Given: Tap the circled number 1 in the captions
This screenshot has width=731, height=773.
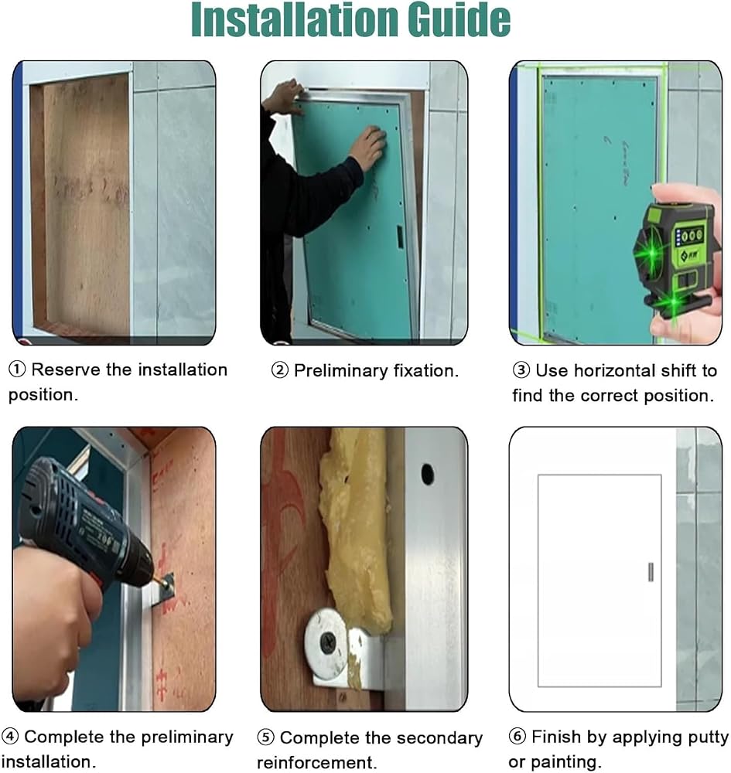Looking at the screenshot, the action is pyautogui.click(x=17, y=369).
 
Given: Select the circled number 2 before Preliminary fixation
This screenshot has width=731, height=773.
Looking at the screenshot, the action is pyautogui.click(x=280, y=370).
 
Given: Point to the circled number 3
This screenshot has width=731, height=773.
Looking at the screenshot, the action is pyautogui.click(x=521, y=370).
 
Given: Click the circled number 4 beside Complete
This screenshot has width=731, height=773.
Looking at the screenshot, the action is pyautogui.click(x=10, y=737).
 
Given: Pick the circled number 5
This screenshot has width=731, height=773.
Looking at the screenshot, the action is pyautogui.click(x=265, y=738).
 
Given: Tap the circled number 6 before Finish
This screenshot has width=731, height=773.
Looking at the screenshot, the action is pyautogui.click(x=518, y=737).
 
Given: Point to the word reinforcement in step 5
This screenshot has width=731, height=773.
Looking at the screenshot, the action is pyautogui.click(x=316, y=763).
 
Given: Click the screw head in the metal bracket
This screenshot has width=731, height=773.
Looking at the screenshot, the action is pyautogui.click(x=327, y=642).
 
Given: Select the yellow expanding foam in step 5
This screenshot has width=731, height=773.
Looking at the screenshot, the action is pyautogui.click(x=355, y=533).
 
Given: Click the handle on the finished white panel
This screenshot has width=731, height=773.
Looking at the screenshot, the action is pyautogui.click(x=651, y=572).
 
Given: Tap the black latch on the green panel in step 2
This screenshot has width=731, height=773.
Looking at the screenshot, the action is pyautogui.click(x=399, y=237).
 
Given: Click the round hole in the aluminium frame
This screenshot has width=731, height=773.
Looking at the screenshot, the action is pyautogui.click(x=427, y=475).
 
